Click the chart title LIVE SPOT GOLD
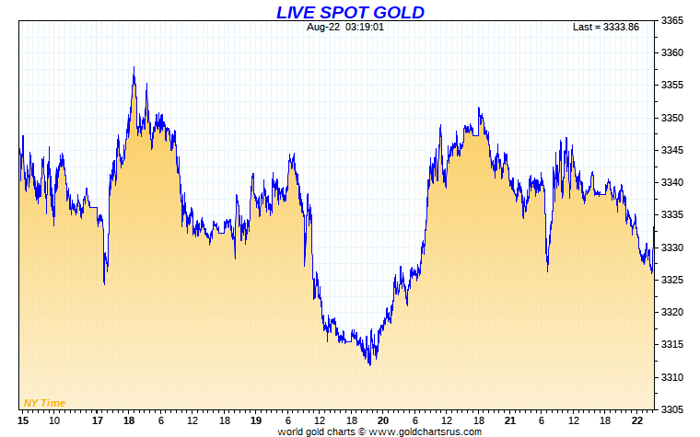click(350, 12)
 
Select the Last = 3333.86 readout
click(605, 27)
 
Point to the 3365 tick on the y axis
click(675, 21)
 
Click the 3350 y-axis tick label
click(675, 119)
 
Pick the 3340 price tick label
click(675, 183)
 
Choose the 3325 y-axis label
click(675, 281)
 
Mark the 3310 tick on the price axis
click(675, 377)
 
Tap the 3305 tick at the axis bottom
click(675, 409)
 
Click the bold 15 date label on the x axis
click(23, 420)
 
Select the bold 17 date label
click(99, 420)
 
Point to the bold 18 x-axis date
click(129, 420)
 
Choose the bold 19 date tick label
click(256, 420)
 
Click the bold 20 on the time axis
click(382, 420)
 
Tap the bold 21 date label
click(509, 420)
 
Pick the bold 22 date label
click(636, 420)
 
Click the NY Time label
click(44, 403)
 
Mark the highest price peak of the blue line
click(134, 67)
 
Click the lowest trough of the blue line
click(369, 364)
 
